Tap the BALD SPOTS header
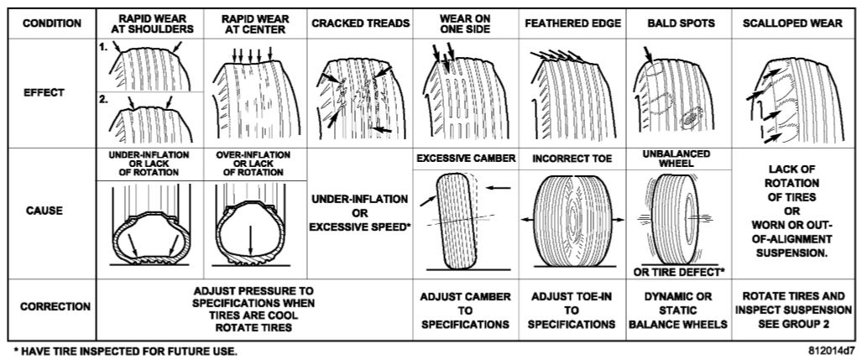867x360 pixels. click(679, 23)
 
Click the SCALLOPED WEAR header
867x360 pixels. click(792, 23)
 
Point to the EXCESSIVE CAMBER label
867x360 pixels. click(465, 158)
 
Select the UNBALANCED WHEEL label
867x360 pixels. click(678, 159)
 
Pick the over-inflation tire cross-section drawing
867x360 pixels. click(252, 227)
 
